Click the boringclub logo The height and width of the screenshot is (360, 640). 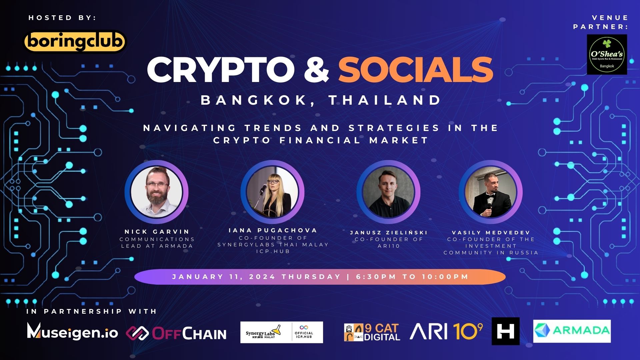pos(75,42)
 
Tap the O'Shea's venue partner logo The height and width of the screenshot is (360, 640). pos(607,54)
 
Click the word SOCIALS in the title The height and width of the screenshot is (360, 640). pos(415,70)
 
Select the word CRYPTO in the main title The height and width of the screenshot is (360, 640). pos(220,70)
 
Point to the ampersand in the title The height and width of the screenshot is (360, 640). pos(316,70)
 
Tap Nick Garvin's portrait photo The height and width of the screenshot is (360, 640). pos(156,192)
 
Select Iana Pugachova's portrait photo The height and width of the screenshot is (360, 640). pos(272,192)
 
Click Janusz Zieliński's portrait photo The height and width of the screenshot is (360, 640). pos(388,192)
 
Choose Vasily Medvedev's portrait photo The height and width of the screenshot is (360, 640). pos(490,192)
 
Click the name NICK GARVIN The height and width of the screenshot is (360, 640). pos(157,232)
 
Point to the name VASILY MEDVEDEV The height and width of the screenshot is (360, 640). pos(491,233)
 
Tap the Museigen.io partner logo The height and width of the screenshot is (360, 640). pos(72,332)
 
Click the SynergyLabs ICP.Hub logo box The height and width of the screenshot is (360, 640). pos(282,332)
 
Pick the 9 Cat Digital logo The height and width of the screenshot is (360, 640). pos(372,332)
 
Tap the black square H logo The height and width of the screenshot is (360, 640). pos(505,331)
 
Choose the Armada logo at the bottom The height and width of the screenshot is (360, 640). pos(572,331)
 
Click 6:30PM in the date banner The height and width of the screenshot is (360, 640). pos(376,277)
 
